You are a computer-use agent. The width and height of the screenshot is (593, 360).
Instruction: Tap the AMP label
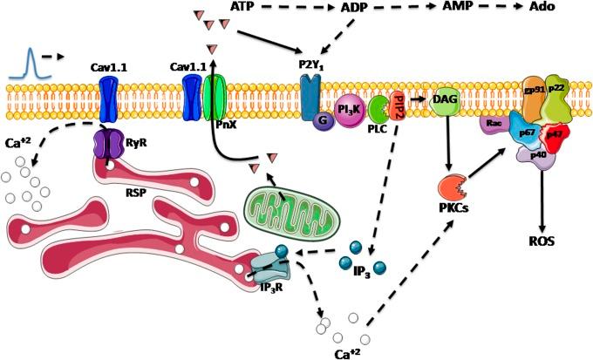(x=454, y=7)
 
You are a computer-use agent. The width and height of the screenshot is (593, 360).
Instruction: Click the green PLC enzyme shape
(x=380, y=110)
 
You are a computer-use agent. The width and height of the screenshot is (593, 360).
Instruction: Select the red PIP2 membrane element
(x=399, y=105)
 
